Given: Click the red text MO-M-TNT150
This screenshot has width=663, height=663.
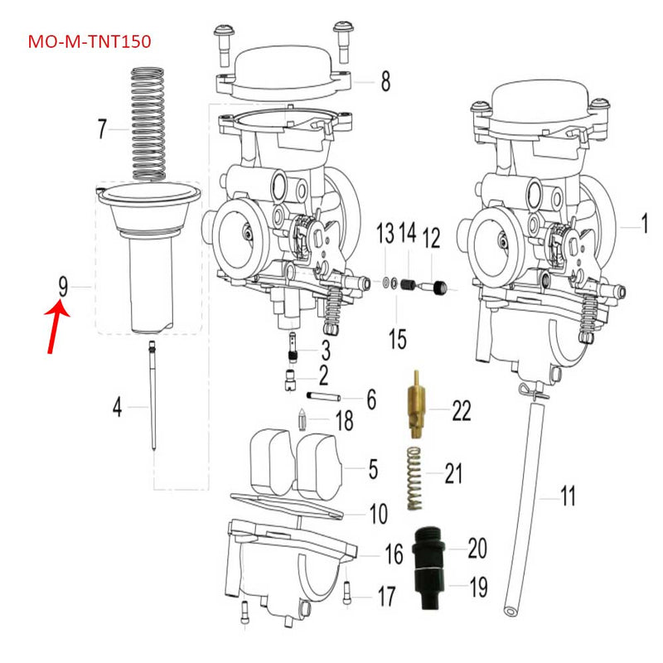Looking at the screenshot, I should (x=90, y=41).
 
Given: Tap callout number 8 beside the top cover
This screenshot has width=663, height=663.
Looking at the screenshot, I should (x=385, y=81).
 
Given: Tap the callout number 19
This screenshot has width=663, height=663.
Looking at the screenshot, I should (x=478, y=589).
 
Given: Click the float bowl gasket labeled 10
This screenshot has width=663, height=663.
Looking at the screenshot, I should (x=290, y=505).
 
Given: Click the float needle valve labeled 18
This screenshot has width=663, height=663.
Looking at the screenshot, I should (x=304, y=421).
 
